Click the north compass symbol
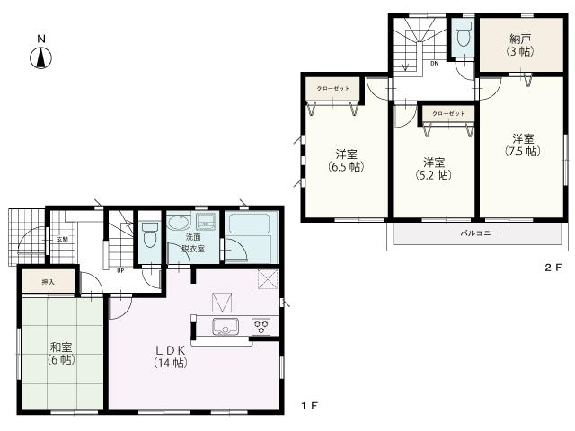click(41, 58)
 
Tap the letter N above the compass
click(41, 38)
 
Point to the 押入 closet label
click(48, 257)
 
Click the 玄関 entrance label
click(63, 239)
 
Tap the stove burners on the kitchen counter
click(261, 324)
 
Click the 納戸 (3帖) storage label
click(521, 45)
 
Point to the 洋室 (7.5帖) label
click(524, 145)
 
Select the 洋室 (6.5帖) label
click(344, 159)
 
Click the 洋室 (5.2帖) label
click(435, 168)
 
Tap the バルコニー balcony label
click(480, 233)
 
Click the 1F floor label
click(308, 407)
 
